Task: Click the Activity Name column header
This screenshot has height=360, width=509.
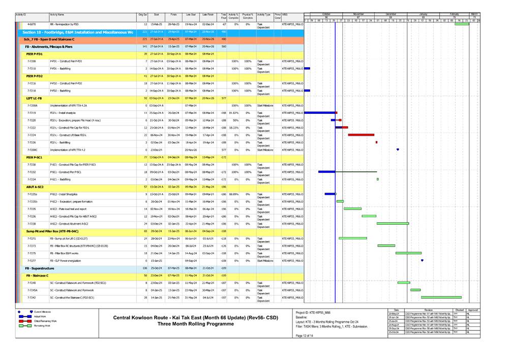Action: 57,15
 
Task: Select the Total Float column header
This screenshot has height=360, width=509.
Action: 224,16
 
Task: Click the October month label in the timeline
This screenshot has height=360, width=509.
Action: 326,14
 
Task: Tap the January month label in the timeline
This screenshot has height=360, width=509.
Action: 423,14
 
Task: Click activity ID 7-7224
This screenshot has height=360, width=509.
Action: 32,135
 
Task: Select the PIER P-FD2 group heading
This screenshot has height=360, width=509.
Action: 35,75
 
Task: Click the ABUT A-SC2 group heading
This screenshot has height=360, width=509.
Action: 35,187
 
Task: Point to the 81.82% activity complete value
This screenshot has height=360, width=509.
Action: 234,113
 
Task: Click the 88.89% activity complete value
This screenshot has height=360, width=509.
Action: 234,194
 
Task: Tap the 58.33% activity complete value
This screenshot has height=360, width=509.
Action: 234,128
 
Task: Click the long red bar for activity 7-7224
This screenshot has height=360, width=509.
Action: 361,135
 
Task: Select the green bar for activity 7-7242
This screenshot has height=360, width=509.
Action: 441,297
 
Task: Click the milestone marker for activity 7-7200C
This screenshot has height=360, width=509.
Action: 398,149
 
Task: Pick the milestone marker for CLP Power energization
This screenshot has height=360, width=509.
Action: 422,260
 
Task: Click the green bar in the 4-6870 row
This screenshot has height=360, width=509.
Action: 461,24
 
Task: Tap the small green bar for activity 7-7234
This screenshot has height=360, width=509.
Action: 377,179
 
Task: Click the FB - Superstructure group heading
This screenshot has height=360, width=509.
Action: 40,268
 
